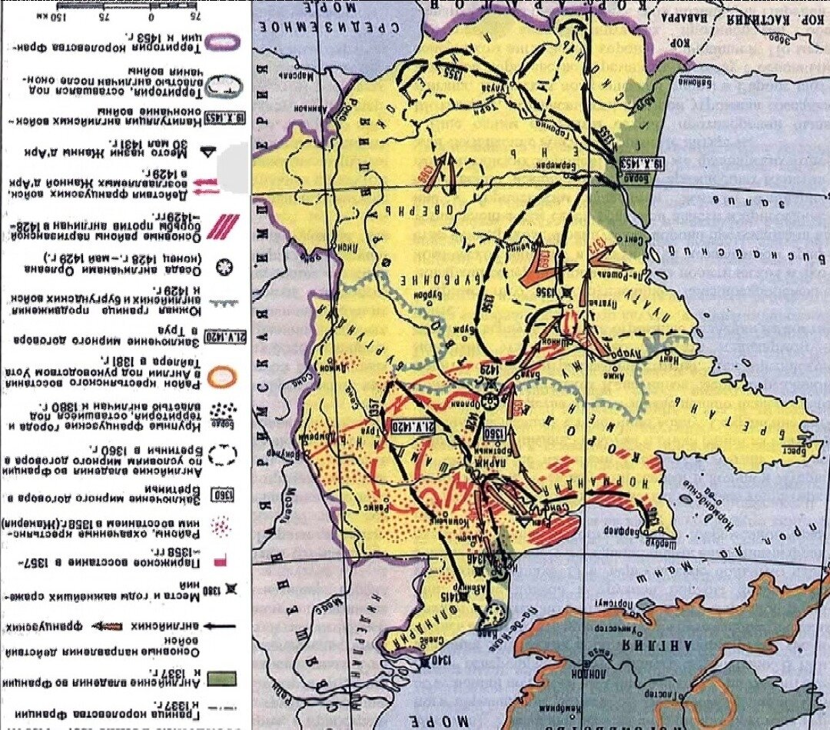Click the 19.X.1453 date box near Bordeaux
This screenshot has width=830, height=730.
click(x=637, y=162)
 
